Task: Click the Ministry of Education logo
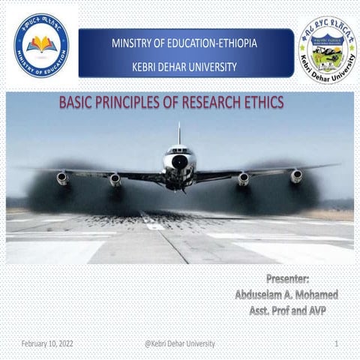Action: (40, 46)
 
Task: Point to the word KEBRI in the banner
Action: (146, 67)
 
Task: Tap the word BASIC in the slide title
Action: (77, 103)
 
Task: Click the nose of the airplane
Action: (180, 161)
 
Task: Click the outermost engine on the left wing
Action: (62, 178)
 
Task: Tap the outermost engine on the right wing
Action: (297, 176)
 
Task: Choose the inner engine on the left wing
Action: (115, 179)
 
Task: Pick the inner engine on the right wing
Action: (244, 178)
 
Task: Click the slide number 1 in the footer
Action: (337, 343)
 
